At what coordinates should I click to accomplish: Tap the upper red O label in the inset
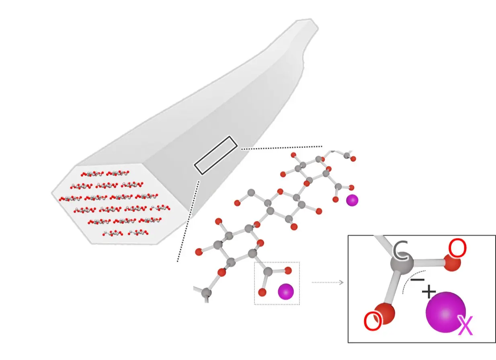457,249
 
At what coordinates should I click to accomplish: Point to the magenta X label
465,326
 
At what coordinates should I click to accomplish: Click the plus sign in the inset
428,291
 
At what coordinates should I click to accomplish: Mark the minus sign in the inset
418,279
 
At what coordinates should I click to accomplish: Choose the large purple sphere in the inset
445,313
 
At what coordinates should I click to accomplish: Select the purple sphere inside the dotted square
286,291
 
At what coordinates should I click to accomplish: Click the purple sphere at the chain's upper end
352,200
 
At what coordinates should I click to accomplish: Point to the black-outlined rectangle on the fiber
215,155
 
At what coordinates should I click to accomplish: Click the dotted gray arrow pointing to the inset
328,282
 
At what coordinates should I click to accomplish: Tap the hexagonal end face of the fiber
121,203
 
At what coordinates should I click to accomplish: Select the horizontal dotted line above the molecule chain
281,147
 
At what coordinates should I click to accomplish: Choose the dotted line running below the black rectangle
188,221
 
